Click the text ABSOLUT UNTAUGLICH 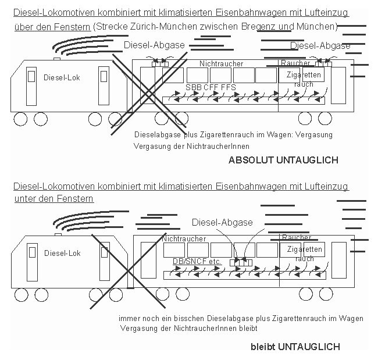pos(283,160)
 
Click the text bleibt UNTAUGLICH pos(295,347)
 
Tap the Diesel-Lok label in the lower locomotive pos(62,253)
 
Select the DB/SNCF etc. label pos(197,262)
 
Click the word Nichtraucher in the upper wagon pos(221,63)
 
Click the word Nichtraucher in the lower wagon pos(183,238)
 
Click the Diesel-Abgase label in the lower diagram pos(222,222)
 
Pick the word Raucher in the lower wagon pos(297,238)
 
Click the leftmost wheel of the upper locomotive pos(20,119)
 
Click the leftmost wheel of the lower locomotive pos(22,295)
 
